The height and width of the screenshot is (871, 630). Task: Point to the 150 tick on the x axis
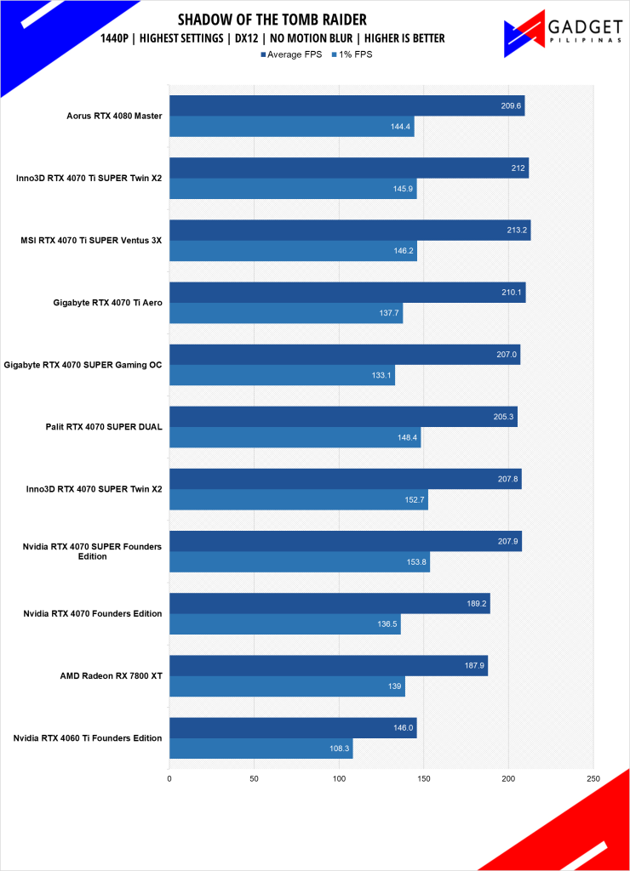point(424,778)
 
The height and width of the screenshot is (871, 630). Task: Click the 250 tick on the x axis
point(593,778)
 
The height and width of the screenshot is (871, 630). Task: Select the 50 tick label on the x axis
point(254,778)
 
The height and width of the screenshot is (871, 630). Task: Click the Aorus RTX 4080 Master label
point(114,116)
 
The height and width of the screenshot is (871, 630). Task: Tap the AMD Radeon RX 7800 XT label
point(112,675)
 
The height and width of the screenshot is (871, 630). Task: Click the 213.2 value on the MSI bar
point(515,230)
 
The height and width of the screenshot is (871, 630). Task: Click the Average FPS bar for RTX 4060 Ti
point(292,727)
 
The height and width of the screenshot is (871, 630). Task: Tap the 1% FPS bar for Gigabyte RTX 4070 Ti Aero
point(285,313)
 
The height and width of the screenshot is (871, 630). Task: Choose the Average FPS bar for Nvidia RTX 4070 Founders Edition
point(329,603)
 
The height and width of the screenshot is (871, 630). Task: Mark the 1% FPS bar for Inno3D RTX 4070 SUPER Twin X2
point(298,500)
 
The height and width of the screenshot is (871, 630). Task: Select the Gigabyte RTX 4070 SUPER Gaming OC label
point(83,365)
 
